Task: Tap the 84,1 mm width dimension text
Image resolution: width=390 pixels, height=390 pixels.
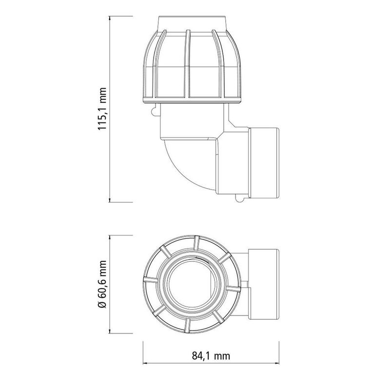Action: pyautogui.click(x=213, y=370)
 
